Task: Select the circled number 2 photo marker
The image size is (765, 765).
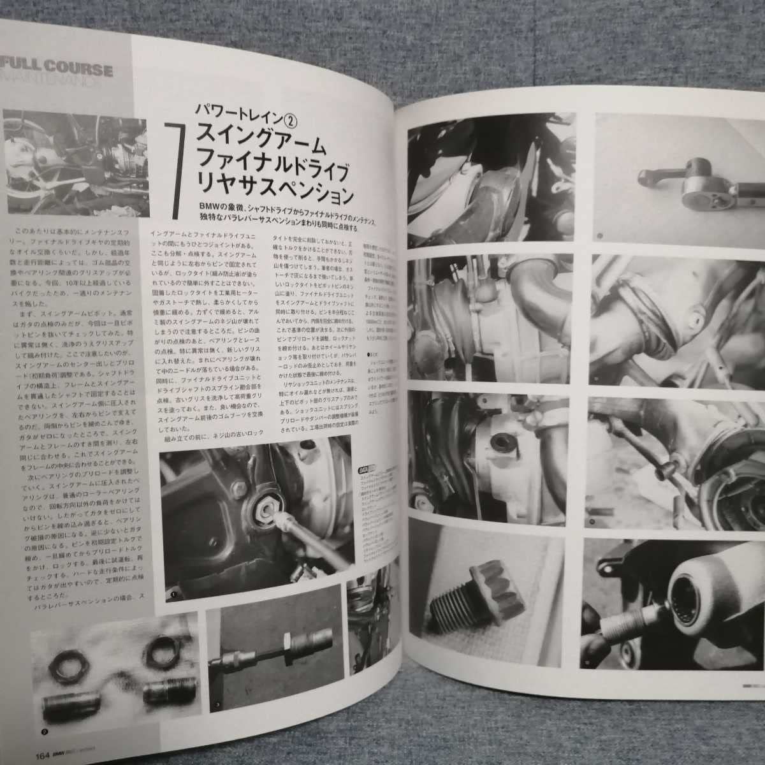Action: [45, 733]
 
